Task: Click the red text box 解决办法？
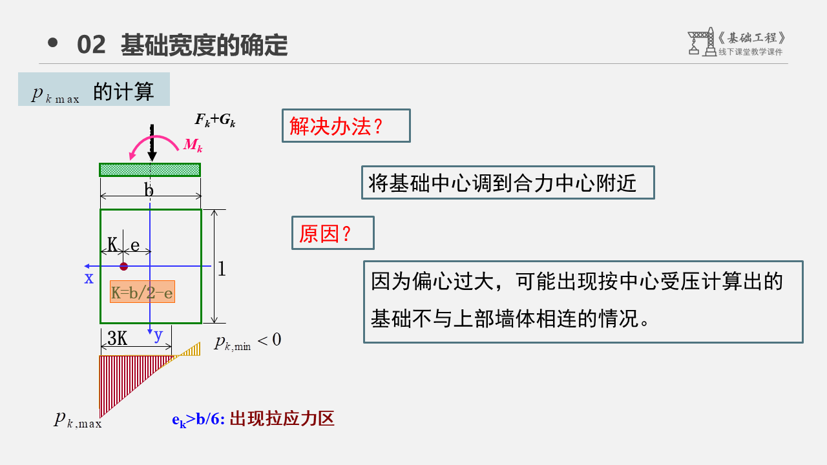[346, 125]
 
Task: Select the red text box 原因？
[333, 232]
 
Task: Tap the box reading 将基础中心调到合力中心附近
[507, 183]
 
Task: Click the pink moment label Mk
[193, 145]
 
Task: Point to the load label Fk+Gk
[215, 119]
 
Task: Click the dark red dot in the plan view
[124, 266]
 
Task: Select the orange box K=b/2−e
[142, 293]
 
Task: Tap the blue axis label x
[89, 278]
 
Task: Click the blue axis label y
[158, 334]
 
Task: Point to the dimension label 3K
[117, 338]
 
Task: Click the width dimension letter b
[149, 191]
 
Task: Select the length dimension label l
[222, 269]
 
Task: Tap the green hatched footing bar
[150, 169]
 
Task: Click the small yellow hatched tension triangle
[191, 351]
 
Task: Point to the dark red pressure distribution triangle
[123, 375]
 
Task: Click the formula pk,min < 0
[247, 341]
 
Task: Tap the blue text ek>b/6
[198, 419]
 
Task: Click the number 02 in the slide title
[91, 45]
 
